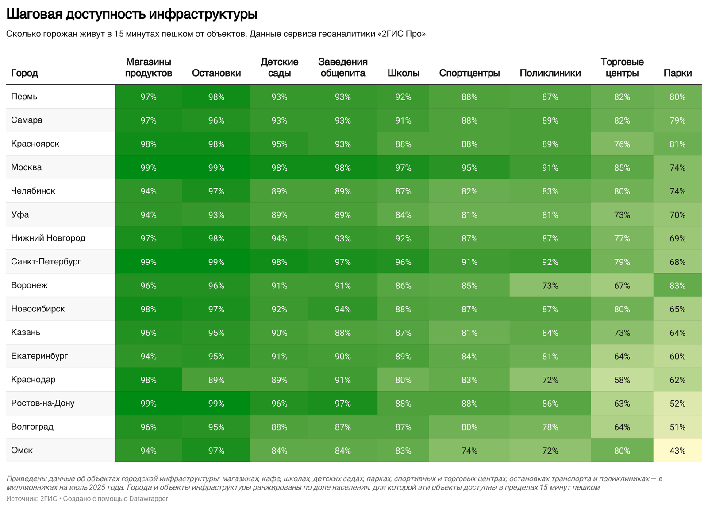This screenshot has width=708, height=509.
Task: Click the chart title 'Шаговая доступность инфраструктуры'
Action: [131, 15]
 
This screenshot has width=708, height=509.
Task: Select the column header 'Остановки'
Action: [216, 73]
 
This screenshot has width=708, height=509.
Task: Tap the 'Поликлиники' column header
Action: [550, 73]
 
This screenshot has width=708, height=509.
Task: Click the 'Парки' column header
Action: [677, 73]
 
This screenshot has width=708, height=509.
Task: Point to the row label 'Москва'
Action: [27, 167]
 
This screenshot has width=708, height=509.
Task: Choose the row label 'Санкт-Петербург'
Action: [46, 262]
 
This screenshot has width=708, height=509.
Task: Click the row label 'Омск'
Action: [22, 451]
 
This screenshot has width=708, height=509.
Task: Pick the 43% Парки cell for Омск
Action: [677, 451]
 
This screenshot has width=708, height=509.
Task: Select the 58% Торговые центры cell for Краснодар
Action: [622, 380]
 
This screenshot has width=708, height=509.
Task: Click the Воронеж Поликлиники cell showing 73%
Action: [550, 286]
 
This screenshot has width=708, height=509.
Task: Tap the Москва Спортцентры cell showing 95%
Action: [469, 168]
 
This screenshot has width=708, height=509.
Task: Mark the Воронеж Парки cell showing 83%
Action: [677, 286]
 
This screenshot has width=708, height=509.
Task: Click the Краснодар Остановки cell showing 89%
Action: [216, 380]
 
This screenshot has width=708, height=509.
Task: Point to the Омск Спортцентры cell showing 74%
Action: [469, 451]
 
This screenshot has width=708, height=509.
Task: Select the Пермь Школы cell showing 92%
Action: [403, 97]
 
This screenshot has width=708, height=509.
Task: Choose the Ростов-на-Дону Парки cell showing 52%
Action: [677, 404]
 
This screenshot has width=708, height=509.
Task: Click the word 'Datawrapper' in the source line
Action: [148, 499]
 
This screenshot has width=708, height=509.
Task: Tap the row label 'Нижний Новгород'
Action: [48, 238]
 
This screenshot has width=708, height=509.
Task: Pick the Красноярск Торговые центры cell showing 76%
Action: [622, 144]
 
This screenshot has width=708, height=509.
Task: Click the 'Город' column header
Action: [24, 73]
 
